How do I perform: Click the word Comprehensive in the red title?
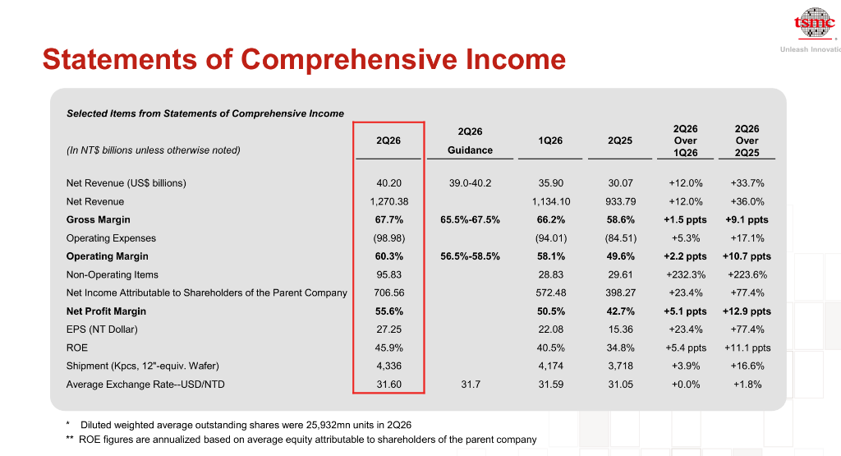pos(348,59)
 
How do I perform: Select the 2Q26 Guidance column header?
pos(471,140)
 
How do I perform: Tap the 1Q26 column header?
pos(550,140)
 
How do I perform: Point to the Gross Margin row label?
pos(99,220)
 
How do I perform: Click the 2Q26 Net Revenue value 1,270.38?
pos(388,202)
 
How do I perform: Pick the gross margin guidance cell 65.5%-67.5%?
pos(471,220)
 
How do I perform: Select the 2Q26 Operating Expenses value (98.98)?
pos(388,238)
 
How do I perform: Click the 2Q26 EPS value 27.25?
pos(388,329)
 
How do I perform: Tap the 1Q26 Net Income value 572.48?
pos(551,293)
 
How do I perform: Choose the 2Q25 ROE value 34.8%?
pos(620,348)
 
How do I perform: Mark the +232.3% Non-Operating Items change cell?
pos(686,274)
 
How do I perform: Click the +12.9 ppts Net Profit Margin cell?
pos(747,311)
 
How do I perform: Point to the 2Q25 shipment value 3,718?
pos(620,366)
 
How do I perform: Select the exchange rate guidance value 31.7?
pos(471,385)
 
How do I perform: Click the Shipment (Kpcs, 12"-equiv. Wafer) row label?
pos(143,366)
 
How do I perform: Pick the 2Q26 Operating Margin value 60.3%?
pos(388,256)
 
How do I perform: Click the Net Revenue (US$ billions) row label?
pos(126,183)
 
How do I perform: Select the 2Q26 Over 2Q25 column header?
pos(747,140)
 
